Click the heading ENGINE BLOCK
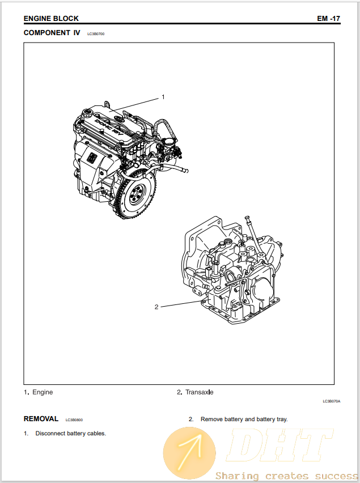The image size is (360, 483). (x=51, y=19)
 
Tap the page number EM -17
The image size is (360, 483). (x=328, y=19)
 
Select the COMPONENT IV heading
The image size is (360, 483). (x=52, y=33)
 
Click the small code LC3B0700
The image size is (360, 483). (x=96, y=34)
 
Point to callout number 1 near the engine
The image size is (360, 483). (x=163, y=97)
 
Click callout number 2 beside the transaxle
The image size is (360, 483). (x=156, y=307)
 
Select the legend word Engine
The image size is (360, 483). (x=43, y=392)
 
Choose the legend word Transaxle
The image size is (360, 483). (x=199, y=392)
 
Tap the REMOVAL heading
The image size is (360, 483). (x=41, y=419)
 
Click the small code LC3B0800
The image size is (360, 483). (x=74, y=420)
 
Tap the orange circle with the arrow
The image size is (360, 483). (x=189, y=453)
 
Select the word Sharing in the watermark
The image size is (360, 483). (x=237, y=476)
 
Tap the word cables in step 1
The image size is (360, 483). (x=96, y=434)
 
